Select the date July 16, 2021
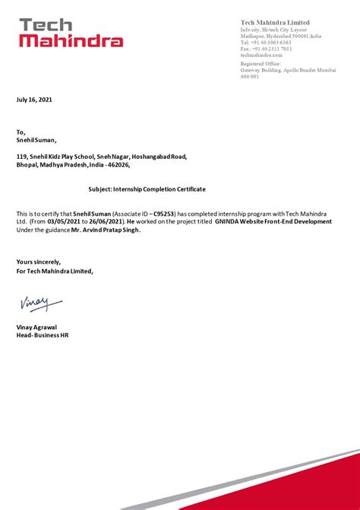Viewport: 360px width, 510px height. pyautogui.click(x=35, y=100)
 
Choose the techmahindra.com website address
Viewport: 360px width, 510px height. pyautogui.click(x=261, y=55)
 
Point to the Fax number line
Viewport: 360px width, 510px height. pyautogui.click(x=266, y=49)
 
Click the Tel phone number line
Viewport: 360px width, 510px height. pyautogui.click(x=266, y=43)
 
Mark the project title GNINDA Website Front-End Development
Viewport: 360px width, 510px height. pyautogui.click(x=273, y=222)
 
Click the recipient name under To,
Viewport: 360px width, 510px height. pyautogui.click(x=36, y=140)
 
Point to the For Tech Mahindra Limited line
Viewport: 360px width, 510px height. pyautogui.click(x=55, y=271)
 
